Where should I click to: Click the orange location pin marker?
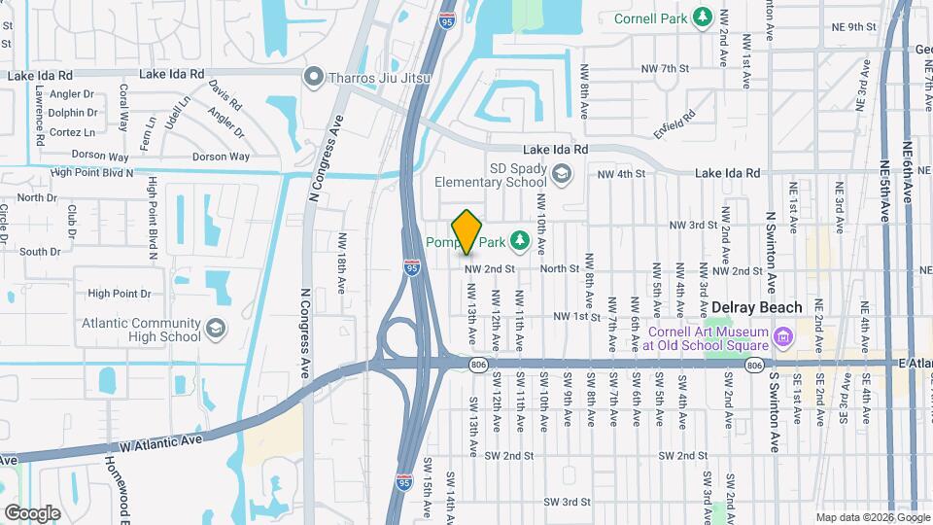(466, 231)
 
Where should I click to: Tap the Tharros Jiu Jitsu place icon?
(313, 76)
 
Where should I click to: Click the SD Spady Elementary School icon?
(561, 173)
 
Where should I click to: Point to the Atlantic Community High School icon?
(215, 330)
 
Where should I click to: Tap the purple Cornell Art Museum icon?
(783, 336)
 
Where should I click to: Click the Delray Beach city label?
(757, 307)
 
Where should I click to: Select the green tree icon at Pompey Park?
(520, 238)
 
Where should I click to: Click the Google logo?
(32, 512)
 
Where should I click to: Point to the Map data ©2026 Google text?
(872, 517)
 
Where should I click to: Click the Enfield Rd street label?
(675, 123)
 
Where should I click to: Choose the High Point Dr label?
(120, 293)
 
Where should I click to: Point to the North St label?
(559, 269)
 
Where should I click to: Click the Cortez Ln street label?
(72, 132)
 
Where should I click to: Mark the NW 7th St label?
(665, 68)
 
